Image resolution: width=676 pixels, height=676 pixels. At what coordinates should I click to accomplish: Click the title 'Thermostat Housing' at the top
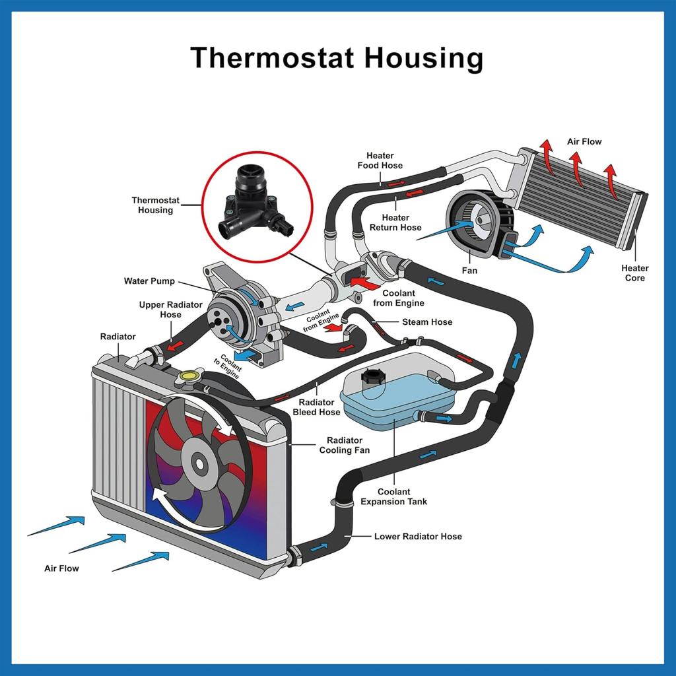click(337, 58)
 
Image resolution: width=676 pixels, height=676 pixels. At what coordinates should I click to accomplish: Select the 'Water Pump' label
click(149, 281)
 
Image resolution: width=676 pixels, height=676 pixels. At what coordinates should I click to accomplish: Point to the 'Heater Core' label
click(634, 273)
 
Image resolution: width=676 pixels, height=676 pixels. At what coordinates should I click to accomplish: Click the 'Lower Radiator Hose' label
click(418, 536)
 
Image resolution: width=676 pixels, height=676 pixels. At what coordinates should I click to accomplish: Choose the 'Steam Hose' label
click(427, 322)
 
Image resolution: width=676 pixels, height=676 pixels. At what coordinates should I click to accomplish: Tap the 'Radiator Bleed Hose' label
click(316, 407)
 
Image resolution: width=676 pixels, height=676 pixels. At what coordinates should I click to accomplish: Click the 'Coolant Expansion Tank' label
click(393, 496)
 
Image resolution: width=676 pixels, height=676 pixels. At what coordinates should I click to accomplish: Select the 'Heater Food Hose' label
click(380, 160)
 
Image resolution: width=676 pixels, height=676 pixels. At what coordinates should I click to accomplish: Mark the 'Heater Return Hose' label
click(395, 222)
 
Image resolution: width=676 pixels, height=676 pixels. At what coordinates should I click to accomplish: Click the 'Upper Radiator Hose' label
click(170, 310)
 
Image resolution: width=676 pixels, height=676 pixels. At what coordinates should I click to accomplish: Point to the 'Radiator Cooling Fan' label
click(345, 445)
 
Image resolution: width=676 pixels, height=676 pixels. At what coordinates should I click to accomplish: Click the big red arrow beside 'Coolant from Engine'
click(364, 283)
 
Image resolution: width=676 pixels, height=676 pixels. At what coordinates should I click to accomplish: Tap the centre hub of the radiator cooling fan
click(199, 464)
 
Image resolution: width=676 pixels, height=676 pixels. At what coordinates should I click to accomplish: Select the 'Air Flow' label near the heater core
click(584, 141)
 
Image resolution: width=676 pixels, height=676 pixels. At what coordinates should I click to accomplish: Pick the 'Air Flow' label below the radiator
click(61, 568)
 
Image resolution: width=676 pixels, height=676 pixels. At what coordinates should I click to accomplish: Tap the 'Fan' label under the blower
click(469, 271)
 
